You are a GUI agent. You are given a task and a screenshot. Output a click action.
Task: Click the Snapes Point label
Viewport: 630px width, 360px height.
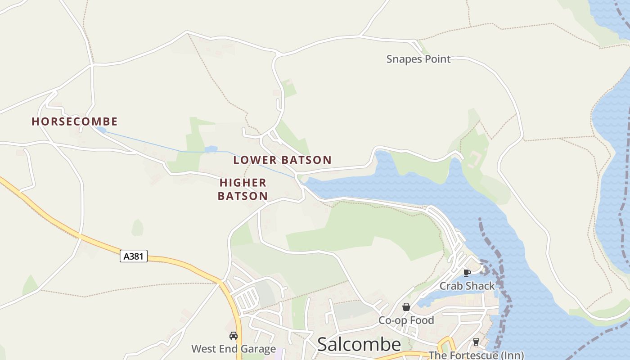click(418, 59)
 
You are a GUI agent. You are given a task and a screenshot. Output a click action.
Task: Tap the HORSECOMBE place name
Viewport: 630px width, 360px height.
click(75, 121)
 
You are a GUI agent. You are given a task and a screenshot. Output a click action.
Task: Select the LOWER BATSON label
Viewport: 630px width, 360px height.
click(282, 160)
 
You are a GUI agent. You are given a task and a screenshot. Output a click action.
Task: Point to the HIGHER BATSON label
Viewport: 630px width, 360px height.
click(243, 189)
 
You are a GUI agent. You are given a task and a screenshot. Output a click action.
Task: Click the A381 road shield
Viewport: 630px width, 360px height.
click(134, 256)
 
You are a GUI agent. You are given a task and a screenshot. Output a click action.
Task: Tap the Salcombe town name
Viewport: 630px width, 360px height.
click(359, 344)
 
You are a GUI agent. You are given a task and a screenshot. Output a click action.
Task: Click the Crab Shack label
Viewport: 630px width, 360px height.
click(467, 286)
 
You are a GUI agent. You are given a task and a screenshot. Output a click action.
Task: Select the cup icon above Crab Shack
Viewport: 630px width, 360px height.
click(467, 273)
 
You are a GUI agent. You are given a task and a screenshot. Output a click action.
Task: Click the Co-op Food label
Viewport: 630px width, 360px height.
click(406, 320)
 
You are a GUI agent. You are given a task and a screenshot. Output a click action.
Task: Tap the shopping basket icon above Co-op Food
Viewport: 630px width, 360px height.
click(406, 307)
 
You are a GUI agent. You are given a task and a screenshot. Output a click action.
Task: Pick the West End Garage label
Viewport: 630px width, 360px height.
click(233, 349)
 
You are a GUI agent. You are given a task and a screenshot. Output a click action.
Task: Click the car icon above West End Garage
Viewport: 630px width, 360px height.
click(234, 336)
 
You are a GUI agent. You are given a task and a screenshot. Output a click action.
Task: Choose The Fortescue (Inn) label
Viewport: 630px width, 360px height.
click(476, 355)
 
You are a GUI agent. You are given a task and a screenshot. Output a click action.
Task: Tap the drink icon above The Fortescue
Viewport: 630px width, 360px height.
click(476, 342)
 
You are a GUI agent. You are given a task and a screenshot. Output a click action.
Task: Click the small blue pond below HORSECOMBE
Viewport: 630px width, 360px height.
click(101, 130)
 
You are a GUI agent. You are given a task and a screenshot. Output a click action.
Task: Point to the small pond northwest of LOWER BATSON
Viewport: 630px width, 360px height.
click(211, 149)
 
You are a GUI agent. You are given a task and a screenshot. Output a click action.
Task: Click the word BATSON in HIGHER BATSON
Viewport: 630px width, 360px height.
click(243, 196)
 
